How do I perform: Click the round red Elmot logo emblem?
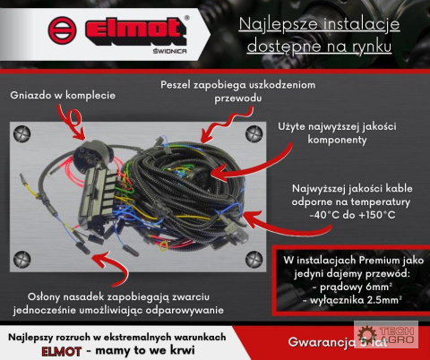click(x=62, y=30)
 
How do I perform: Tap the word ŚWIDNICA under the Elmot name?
click(x=170, y=51)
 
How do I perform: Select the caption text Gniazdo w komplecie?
click(x=63, y=95)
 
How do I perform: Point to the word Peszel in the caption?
click(x=175, y=85)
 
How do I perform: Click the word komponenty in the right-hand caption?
click(x=337, y=140)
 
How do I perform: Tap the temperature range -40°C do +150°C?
click(x=352, y=215)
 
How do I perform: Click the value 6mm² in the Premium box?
click(x=379, y=287)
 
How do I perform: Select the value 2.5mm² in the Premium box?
click(x=384, y=300)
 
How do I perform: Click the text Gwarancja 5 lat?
click(x=338, y=342)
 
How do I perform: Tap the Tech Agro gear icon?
click(x=367, y=334)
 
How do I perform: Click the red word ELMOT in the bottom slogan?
click(x=62, y=351)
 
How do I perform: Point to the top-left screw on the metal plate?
click(x=22, y=133)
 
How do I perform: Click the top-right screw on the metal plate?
click(x=254, y=133)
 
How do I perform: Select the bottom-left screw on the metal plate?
click(x=22, y=260)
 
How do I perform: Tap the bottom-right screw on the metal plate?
click(x=254, y=260)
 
